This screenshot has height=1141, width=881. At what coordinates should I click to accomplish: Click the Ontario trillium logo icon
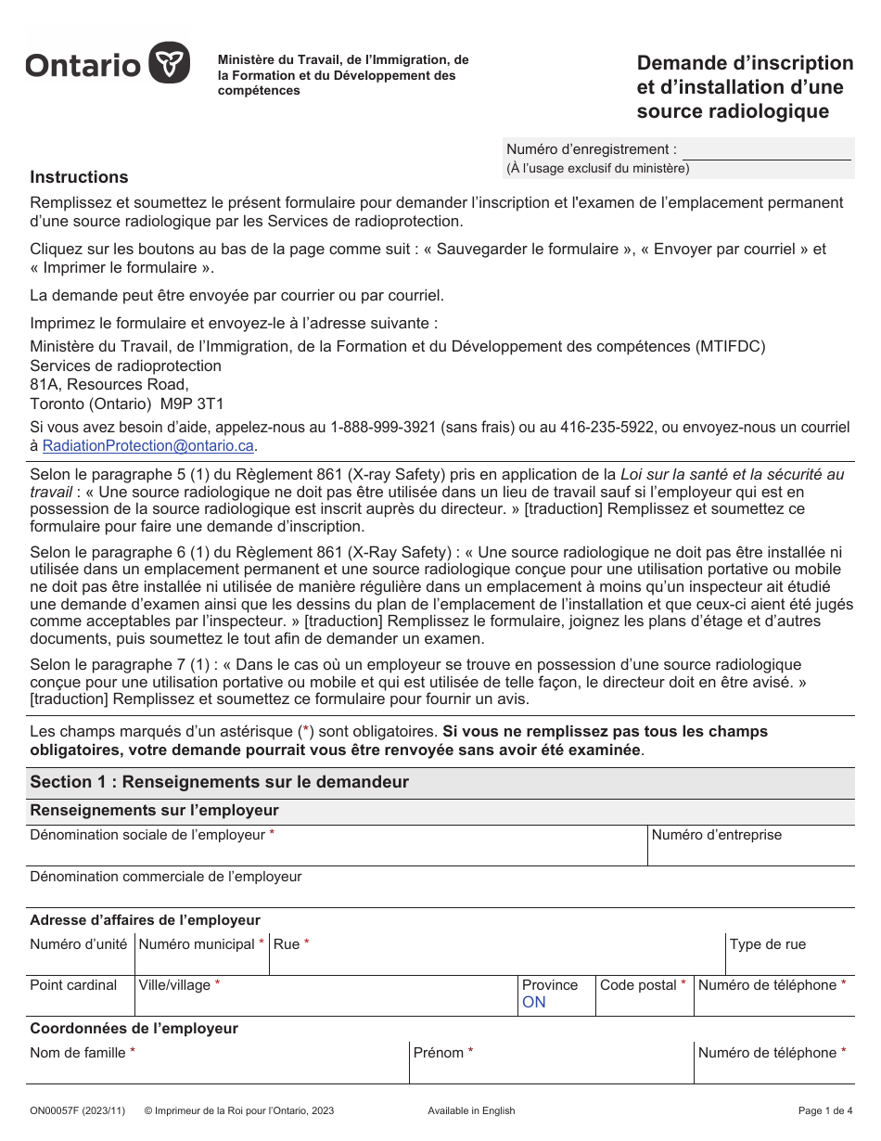pos(170,63)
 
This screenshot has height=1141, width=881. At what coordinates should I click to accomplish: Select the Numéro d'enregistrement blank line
pos(766,150)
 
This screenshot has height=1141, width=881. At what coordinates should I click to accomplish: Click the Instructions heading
pos(79,177)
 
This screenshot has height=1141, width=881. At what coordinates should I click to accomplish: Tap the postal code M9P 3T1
pos(193,404)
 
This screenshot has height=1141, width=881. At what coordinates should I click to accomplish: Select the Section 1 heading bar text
pos(219,782)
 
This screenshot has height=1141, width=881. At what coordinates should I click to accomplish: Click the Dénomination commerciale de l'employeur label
pos(166,877)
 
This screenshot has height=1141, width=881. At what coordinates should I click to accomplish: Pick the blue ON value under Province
pos(534,1003)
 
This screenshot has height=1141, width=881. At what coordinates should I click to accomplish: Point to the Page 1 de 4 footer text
pos(824,1111)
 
